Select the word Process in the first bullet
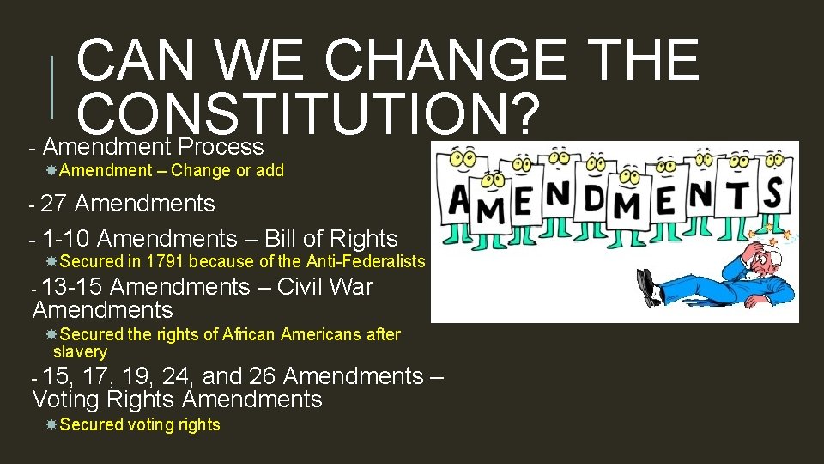coord(221,146)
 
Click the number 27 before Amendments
coord(54,204)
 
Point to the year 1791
coord(167,261)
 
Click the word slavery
coord(80,351)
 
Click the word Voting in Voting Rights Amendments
coord(65,400)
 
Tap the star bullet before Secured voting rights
coord(52,424)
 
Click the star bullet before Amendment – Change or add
coord(52,170)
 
